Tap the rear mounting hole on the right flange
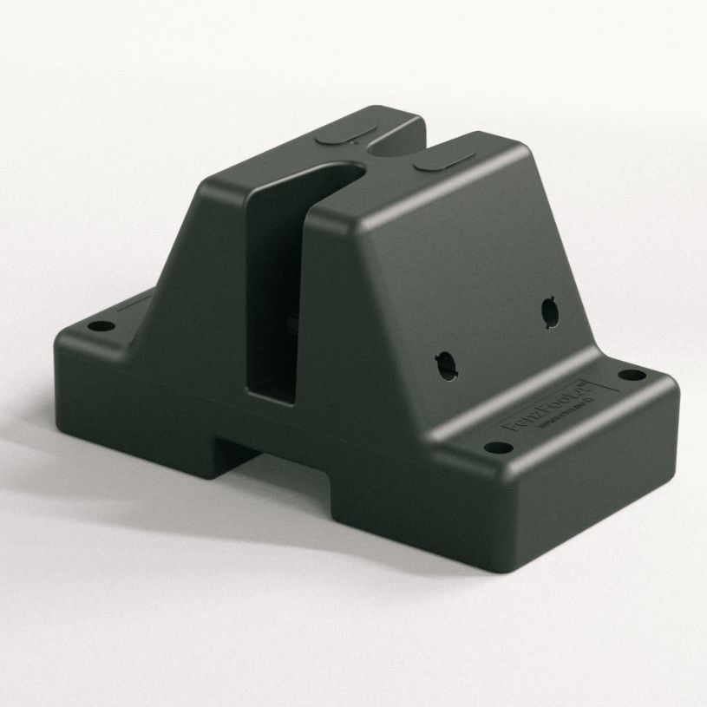tap(633, 376)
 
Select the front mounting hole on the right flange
tap(498, 448)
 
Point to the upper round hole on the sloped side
tap(549, 311)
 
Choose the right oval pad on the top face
tap(442, 161)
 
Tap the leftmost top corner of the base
tap(61, 340)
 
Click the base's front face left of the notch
tap(139, 408)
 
